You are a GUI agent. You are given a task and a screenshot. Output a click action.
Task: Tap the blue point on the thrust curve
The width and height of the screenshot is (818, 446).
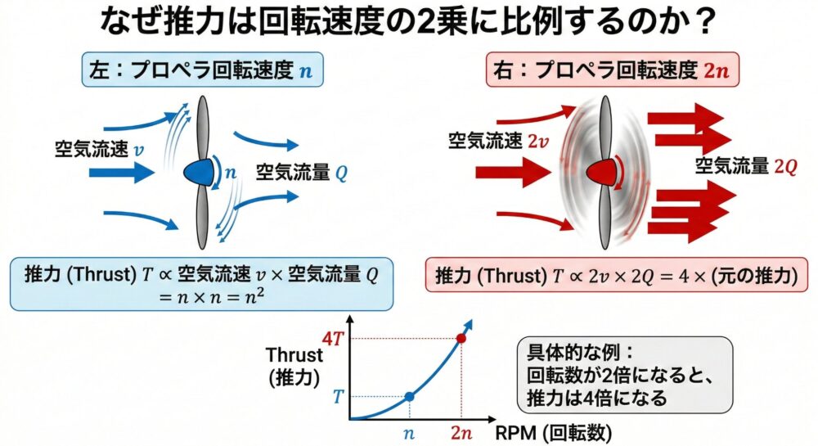coord(410,396)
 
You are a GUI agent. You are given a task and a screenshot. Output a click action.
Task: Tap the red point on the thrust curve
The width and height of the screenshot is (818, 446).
coord(461,339)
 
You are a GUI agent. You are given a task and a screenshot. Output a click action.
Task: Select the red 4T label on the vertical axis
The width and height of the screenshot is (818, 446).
coord(333,339)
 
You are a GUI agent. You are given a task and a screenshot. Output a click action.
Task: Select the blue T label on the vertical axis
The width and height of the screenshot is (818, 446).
coord(338,396)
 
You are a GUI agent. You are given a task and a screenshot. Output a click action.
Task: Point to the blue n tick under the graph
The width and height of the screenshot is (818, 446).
coord(409,433)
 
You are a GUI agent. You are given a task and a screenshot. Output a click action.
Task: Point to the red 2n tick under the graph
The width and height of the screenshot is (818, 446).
coord(461,432)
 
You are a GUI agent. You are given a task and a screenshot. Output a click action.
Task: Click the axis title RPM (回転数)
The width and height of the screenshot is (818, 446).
coord(553,432)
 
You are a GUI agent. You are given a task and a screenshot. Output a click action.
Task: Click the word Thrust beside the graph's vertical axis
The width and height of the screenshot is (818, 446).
coord(294,354)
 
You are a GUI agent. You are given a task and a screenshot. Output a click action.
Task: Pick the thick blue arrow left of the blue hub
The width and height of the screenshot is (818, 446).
coord(122,172)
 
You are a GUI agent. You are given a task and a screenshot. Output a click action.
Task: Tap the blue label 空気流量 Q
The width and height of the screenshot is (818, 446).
coord(302,172)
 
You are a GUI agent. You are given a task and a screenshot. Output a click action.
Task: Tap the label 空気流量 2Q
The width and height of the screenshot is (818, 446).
coord(746,166)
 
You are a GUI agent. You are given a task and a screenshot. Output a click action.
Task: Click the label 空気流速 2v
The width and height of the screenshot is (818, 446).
coord(498,140)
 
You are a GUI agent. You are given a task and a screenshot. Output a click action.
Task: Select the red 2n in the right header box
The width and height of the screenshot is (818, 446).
coord(717,70)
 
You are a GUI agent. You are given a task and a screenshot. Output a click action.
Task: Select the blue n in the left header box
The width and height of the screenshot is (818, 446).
coord(306,71)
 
